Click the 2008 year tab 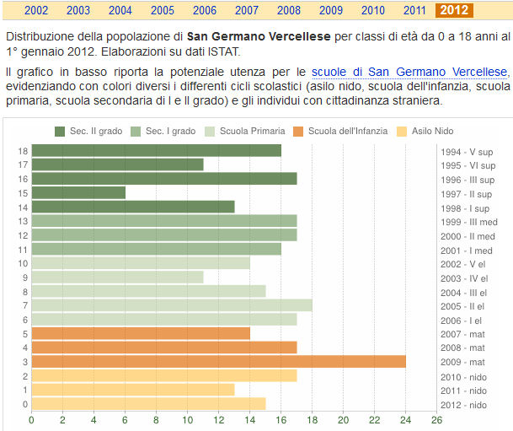[289, 10]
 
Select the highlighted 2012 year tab [454, 10]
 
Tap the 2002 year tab [36, 10]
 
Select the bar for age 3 [218, 361]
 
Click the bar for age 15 [78, 192]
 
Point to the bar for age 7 [172, 304]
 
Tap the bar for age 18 [156, 150]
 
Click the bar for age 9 [117, 277]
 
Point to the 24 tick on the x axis [405, 419]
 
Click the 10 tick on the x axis [187, 419]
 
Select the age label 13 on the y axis [24, 221]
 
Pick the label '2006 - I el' [463, 320]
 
